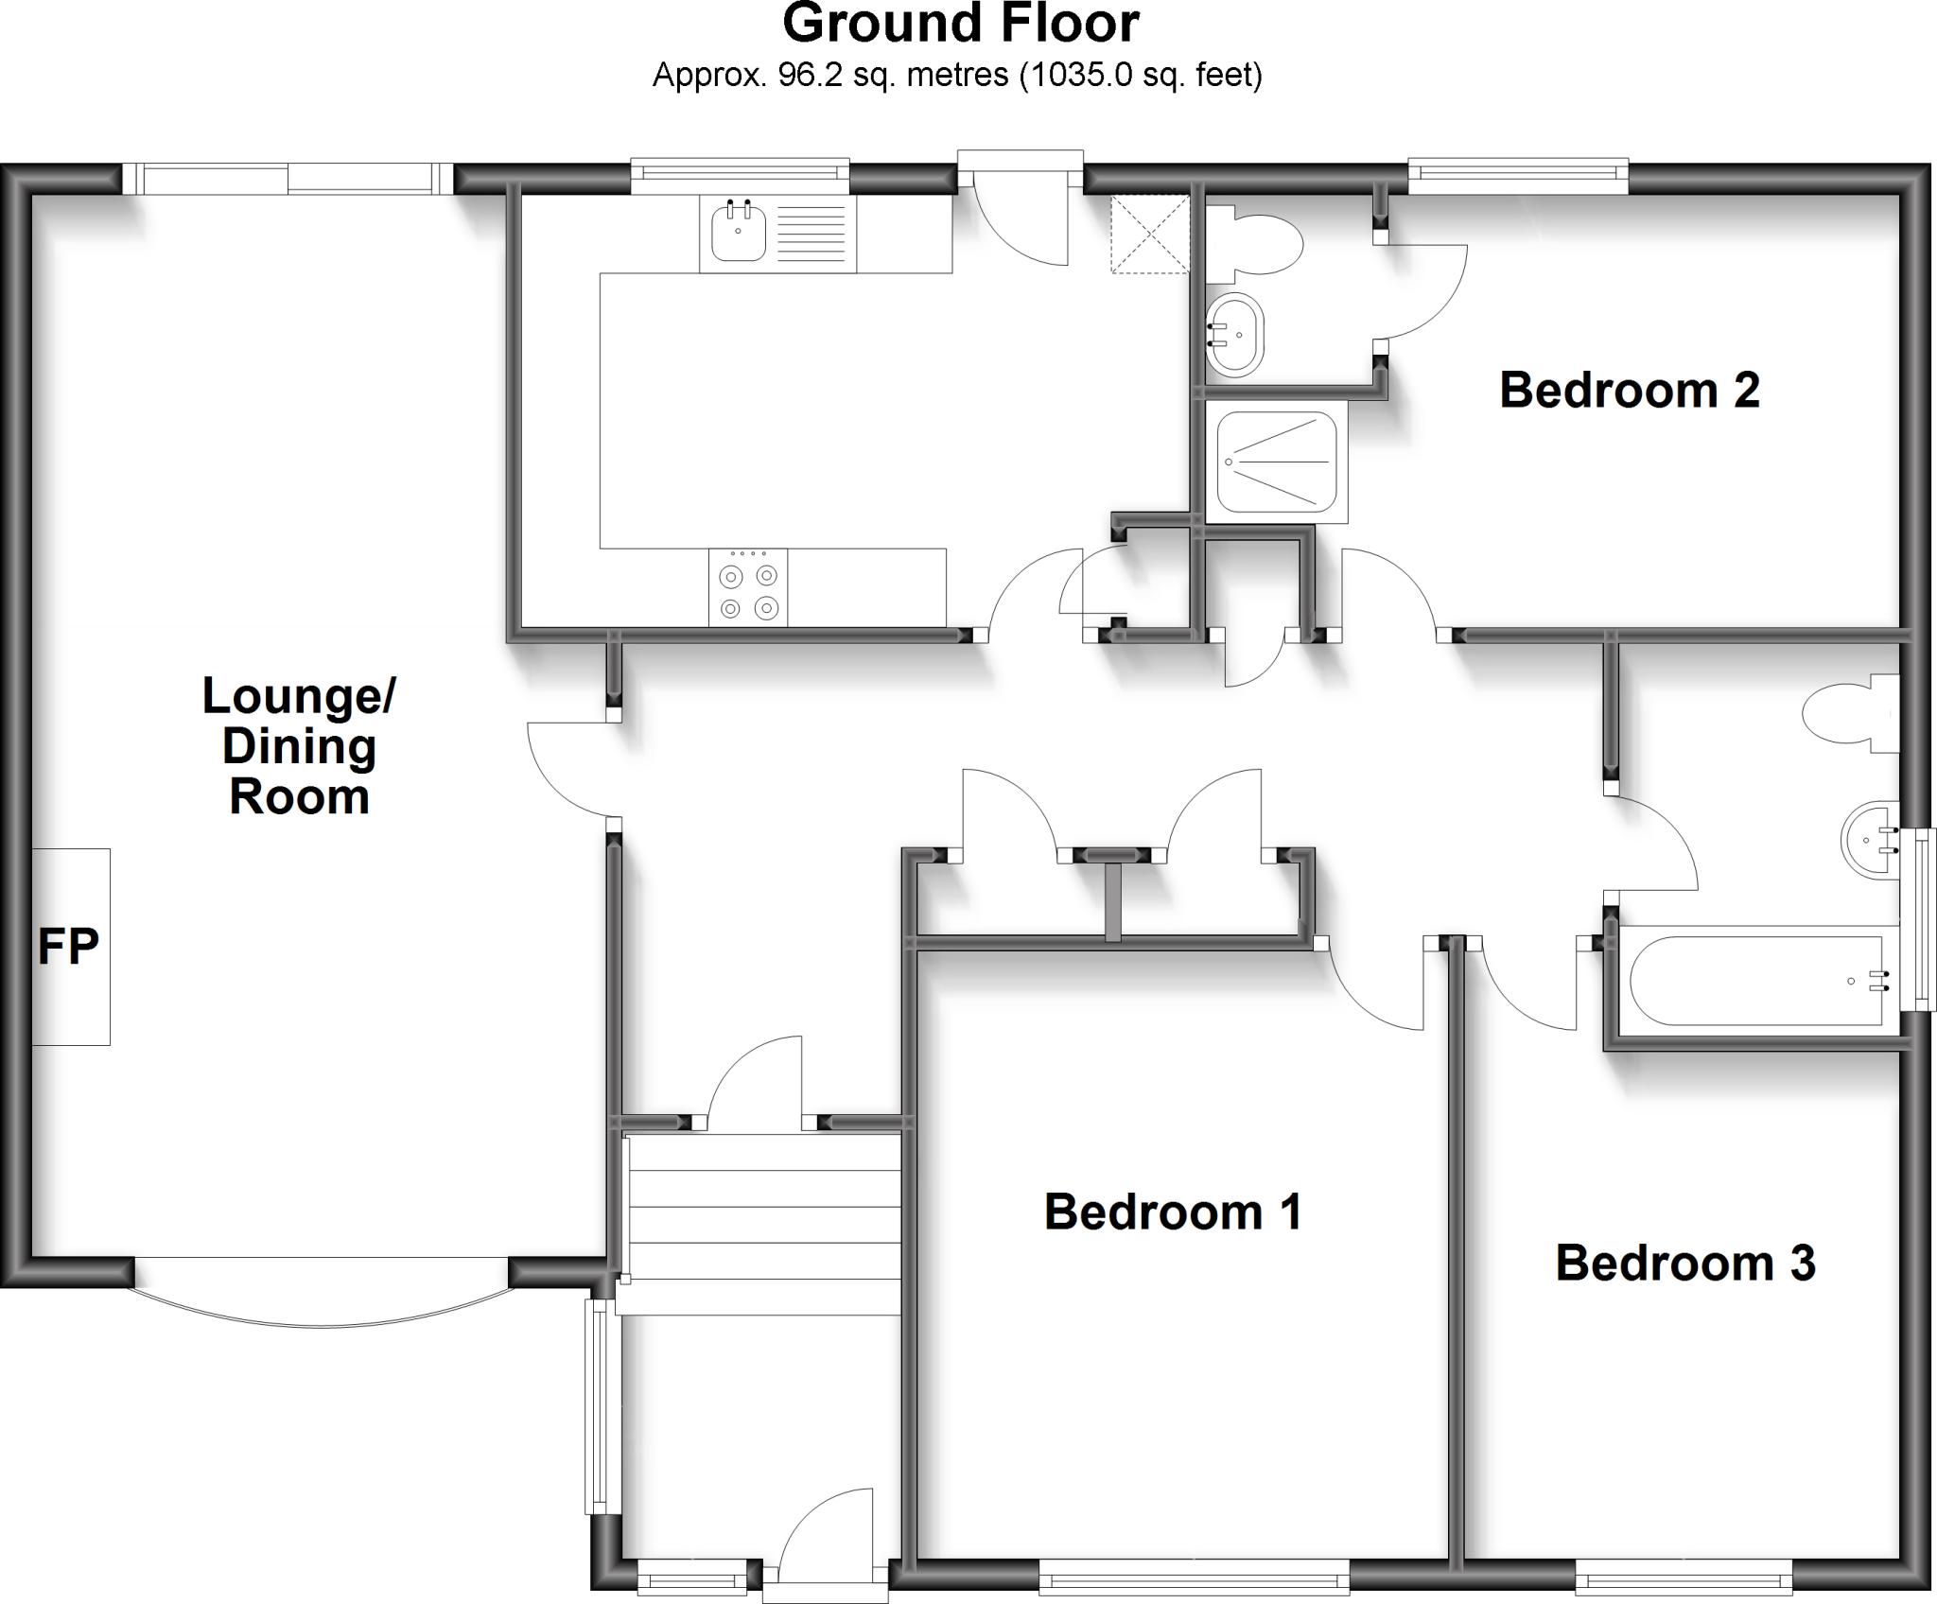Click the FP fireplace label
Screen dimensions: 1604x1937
coord(68,946)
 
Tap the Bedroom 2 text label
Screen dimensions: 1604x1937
coord(1629,390)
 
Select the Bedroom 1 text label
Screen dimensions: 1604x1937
coord(1173,1212)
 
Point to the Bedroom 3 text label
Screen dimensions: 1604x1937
coord(1685,1263)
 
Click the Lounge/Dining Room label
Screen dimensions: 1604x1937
coord(299,746)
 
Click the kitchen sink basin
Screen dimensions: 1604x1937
coord(738,234)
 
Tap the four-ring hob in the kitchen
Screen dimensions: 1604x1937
coord(747,588)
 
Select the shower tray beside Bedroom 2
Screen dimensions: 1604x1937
coord(1276,462)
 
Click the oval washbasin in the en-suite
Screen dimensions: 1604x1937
coord(1235,335)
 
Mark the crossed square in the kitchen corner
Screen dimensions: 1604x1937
coord(1149,234)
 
